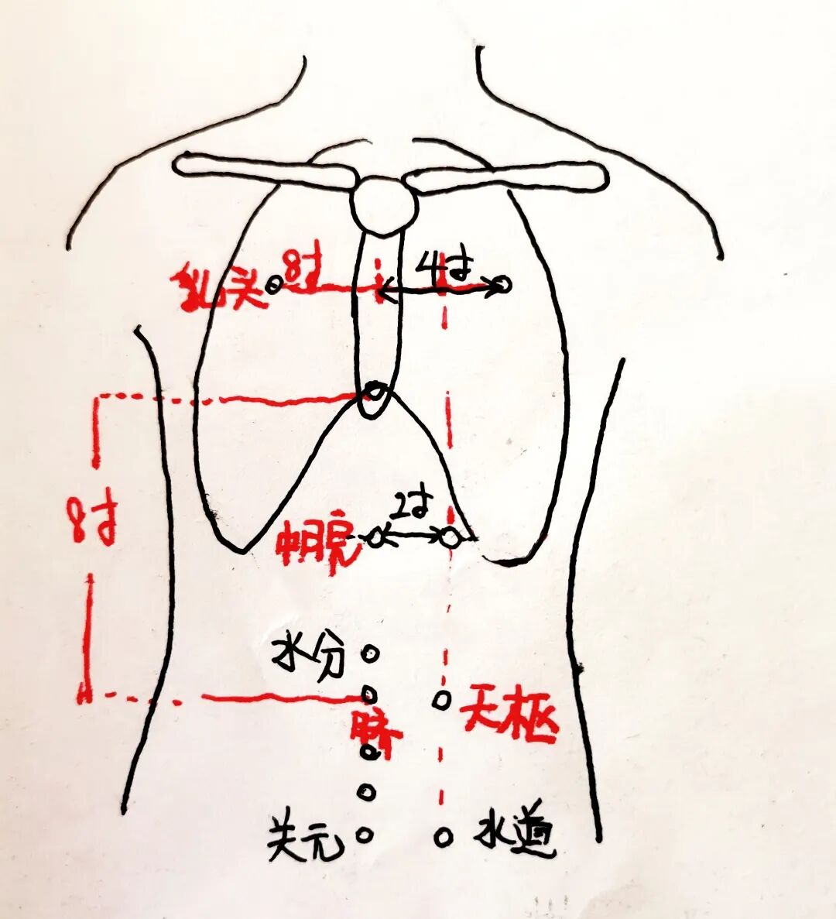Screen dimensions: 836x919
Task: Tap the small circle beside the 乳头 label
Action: pyautogui.click(x=274, y=285)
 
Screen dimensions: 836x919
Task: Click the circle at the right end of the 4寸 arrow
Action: pyautogui.click(x=502, y=286)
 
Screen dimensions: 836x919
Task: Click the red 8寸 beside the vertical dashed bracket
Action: pyautogui.click(x=93, y=523)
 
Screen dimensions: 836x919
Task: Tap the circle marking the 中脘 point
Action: pyautogui.click(x=376, y=537)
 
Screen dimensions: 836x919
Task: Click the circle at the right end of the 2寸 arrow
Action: pyautogui.click(x=451, y=537)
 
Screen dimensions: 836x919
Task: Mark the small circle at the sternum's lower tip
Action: pyautogui.click(x=375, y=392)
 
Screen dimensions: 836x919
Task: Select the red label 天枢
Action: pyautogui.click(x=509, y=721)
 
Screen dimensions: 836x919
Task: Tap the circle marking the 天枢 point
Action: pyautogui.click(x=441, y=700)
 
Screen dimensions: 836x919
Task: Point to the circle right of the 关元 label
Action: pyautogui.click(x=365, y=835)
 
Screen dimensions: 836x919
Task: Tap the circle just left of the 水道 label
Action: pyautogui.click(x=443, y=836)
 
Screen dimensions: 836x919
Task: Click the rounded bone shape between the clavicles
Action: pyautogui.click(x=383, y=204)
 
